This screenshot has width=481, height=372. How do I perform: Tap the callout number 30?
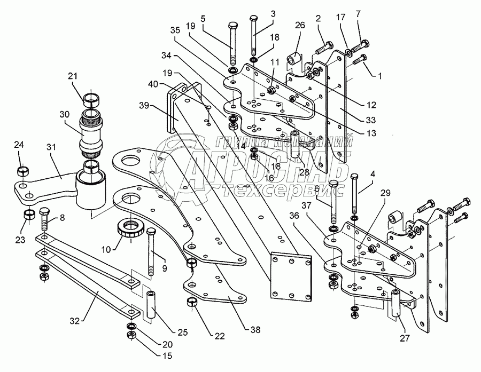point(65,114)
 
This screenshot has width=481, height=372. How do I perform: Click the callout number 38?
point(255,330)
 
